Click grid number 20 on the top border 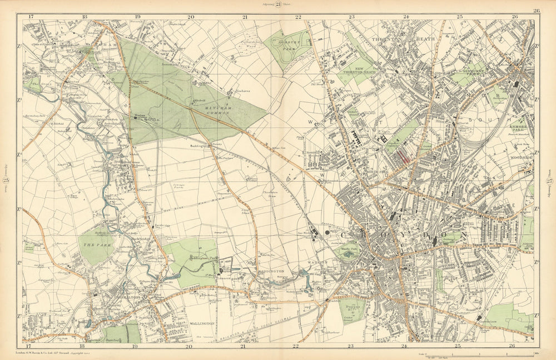coord(190,17)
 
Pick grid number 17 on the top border coord(31,17)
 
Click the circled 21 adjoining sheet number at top coord(279,5)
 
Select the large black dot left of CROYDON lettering coord(327,233)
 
